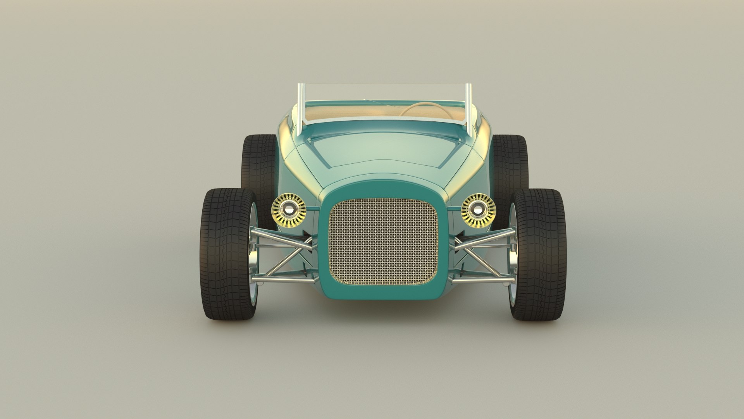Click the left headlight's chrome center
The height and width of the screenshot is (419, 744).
tap(289, 210)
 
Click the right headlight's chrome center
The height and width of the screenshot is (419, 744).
tap(478, 210)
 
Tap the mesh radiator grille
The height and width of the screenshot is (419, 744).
tap(383, 241)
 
